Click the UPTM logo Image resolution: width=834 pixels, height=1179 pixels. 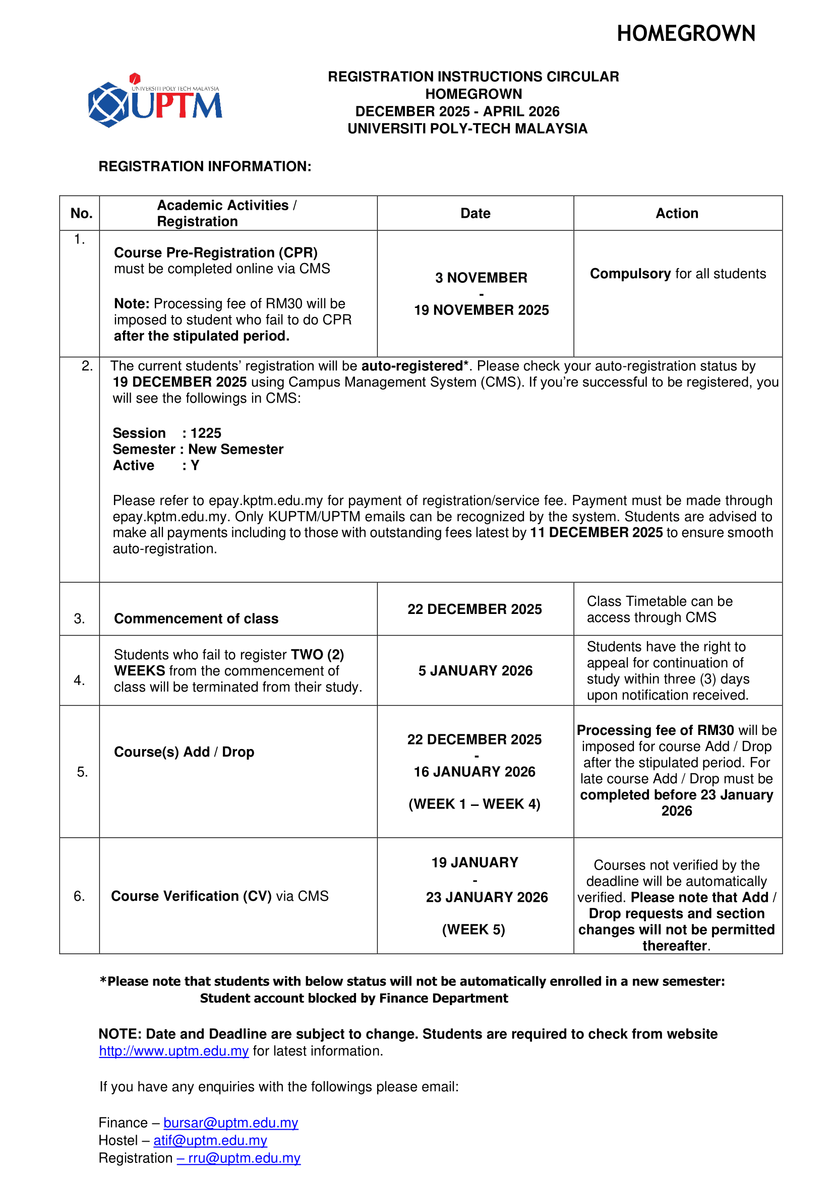[155, 101]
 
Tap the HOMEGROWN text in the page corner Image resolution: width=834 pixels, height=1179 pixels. [686, 34]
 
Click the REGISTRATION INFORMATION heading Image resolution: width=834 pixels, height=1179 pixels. [204, 166]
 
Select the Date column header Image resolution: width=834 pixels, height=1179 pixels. [475, 213]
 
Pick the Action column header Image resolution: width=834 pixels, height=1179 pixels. [676, 213]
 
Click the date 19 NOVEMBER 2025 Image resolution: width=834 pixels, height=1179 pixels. [481, 310]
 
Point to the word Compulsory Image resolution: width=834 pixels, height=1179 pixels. [630, 274]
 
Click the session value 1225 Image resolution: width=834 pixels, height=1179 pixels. [206, 433]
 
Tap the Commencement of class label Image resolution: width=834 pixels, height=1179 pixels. [196, 618]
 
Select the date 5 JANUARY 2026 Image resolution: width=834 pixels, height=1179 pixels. [475, 670]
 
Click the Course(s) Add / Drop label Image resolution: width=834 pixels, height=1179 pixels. [184, 752]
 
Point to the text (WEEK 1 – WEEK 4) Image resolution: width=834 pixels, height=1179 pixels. [474, 803]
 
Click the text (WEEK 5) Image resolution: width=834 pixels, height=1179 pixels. [473, 929]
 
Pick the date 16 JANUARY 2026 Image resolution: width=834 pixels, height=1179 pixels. [474, 771]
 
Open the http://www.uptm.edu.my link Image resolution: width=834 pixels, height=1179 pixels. [173, 1051]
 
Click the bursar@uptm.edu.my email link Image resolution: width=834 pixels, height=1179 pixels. [230, 1123]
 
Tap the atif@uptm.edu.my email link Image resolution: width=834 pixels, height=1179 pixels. [210, 1140]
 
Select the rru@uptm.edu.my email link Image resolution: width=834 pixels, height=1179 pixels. [244, 1158]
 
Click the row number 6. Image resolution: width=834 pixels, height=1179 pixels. [79, 896]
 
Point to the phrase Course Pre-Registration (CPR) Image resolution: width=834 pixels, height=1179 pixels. [216, 253]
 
